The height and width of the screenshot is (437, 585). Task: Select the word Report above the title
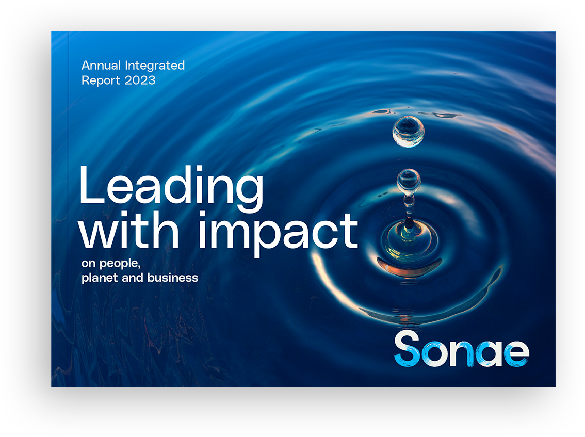point(98,80)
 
